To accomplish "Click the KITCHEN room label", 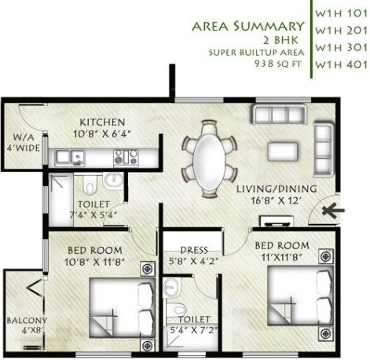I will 102,122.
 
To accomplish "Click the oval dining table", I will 208,159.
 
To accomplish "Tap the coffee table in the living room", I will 283,151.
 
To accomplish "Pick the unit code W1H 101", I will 341,13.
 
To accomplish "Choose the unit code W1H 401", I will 341,66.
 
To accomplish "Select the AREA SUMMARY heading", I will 249,28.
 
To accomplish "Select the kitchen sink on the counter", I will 76,157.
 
